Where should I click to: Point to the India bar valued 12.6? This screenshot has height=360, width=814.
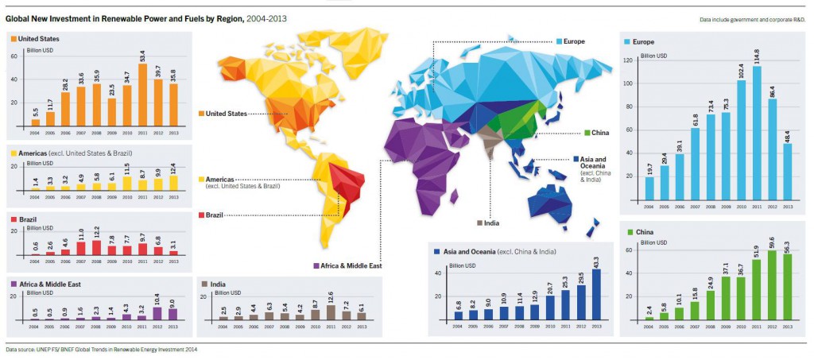[x=330, y=312]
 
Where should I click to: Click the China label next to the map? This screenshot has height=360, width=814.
[x=600, y=133]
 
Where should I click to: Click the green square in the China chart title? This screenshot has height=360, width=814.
[x=629, y=232]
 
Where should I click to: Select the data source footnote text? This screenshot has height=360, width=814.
[x=101, y=349]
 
